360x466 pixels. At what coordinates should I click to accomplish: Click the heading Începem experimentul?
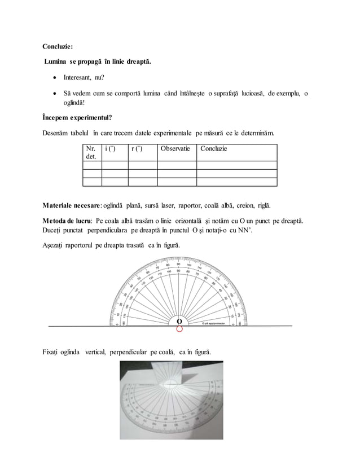click(x=77, y=118)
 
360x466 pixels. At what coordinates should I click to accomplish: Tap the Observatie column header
click(x=176, y=149)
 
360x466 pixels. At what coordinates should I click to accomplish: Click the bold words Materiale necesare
click(x=71, y=204)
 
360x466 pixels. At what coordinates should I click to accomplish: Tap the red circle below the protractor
click(x=179, y=329)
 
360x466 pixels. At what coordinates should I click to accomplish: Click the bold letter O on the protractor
click(x=179, y=321)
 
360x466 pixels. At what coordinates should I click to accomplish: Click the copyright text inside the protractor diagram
click(x=216, y=324)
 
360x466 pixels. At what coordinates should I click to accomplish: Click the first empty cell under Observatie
click(x=176, y=165)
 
